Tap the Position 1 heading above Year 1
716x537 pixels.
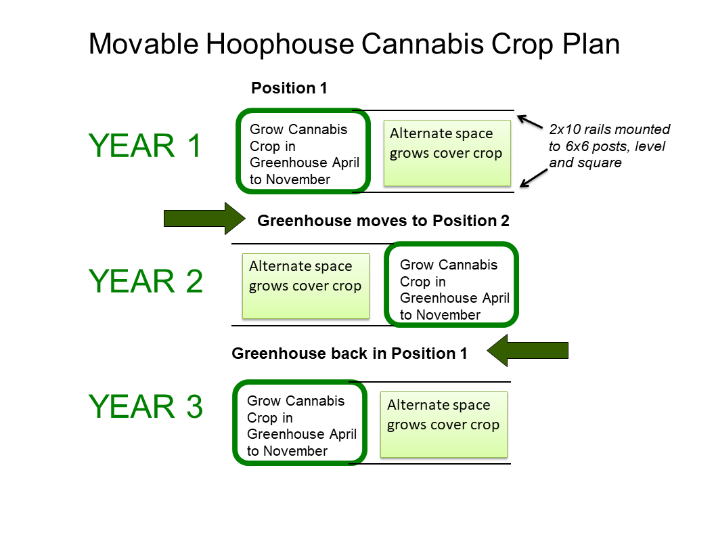pyautogui.click(x=289, y=88)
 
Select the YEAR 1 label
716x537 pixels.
pyautogui.click(x=145, y=146)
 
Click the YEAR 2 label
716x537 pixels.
pyautogui.click(x=146, y=281)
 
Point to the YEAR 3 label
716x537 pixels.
pyautogui.click(x=146, y=406)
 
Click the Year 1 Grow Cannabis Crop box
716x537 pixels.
pyautogui.click(x=237, y=151)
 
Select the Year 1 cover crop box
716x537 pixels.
pyautogui.click(x=447, y=153)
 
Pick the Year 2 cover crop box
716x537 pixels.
pyautogui.click(x=305, y=286)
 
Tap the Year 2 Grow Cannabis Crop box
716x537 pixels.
pyautogui.click(x=385, y=284)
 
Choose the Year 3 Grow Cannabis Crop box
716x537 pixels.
pyautogui.click(x=233, y=423)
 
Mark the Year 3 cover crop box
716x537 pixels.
pyautogui.click(x=444, y=425)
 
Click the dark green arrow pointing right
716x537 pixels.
pyautogui.click(x=204, y=219)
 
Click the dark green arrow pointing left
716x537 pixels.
pyautogui.click(x=527, y=351)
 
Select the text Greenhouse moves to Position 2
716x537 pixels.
pyautogui.click(x=383, y=221)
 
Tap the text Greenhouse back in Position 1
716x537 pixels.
pyautogui.click(x=349, y=353)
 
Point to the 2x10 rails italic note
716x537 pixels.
pyautogui.click(x=609, y=146)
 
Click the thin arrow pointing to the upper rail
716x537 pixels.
pyautogui.click(x=530, y=122)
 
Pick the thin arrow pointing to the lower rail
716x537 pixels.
pyautogui.click(x=534, y=178)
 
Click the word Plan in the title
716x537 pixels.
pyautogui.click(x=591, y=44)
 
